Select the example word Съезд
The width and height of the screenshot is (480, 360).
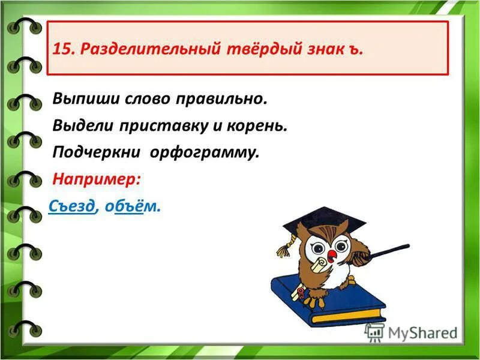click(x=71, y=206)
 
